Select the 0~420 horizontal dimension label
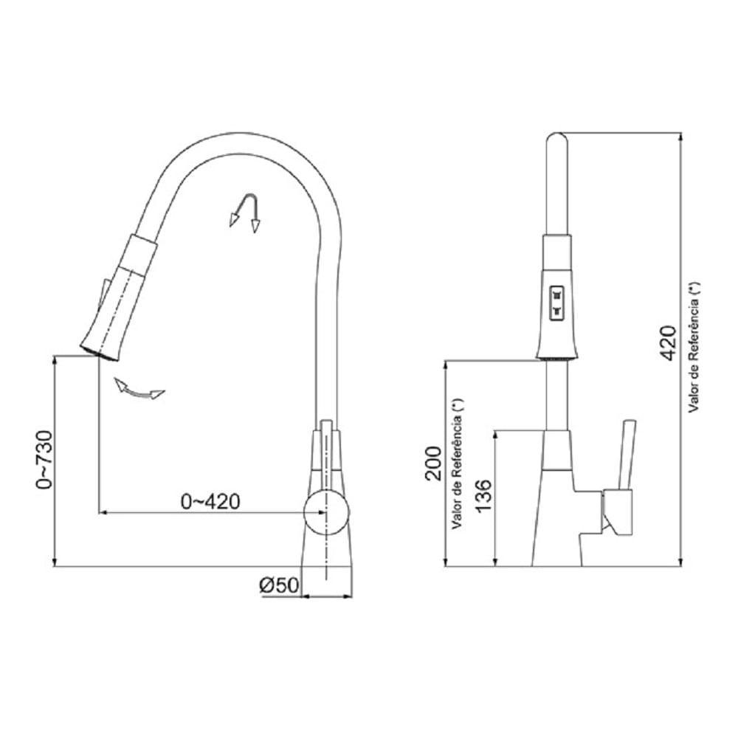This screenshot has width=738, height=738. click(210, 502)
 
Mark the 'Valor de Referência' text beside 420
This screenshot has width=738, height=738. click(693, 347)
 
